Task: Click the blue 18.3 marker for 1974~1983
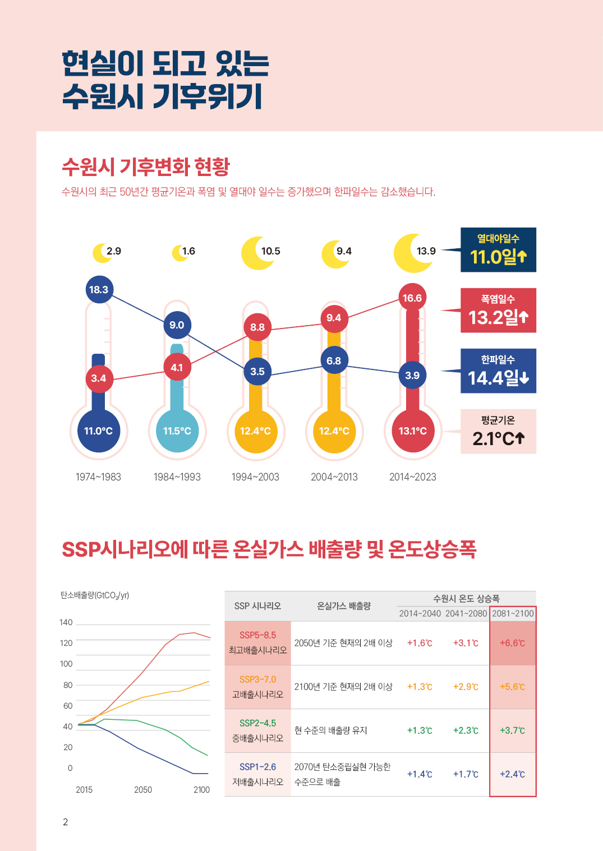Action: click(99, 290)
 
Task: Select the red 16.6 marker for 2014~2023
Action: click(412, 298)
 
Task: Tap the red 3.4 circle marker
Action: click(99, 378)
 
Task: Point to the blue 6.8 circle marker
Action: click(334, 361)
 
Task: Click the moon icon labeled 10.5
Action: click(258, 253)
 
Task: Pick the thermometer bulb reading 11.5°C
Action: click(177, 431)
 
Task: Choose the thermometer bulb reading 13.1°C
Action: click(413, 431)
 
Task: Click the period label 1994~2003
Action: click(255, 477)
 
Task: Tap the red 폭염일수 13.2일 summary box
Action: click(498, 311)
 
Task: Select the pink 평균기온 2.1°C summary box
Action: click(498, 432)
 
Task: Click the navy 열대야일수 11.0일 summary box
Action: click(498, 250)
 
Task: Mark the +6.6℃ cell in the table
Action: click(513, 643)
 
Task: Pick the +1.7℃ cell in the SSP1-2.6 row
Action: click(466, 774)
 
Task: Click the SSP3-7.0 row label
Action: click(258, 687)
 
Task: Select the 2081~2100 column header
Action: click(513, 613)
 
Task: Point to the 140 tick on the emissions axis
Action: click(66, 622)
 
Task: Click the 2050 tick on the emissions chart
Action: click(143, 790)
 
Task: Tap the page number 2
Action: click(66, 822)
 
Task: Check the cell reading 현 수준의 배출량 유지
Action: click(331, 730)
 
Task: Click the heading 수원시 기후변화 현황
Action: click(146, 166)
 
